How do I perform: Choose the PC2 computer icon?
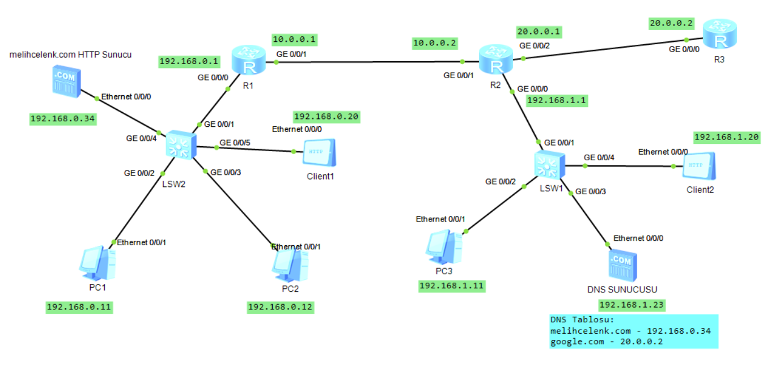click(x=290, y=265)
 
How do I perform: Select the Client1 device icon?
click(x=320, y=153)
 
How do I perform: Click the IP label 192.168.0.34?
click(x=62, y=119)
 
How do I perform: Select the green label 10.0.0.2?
click(x=435, y=43)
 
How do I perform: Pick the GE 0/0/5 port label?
click(x=235, y=142)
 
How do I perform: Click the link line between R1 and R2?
click(x=368, y=61)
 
